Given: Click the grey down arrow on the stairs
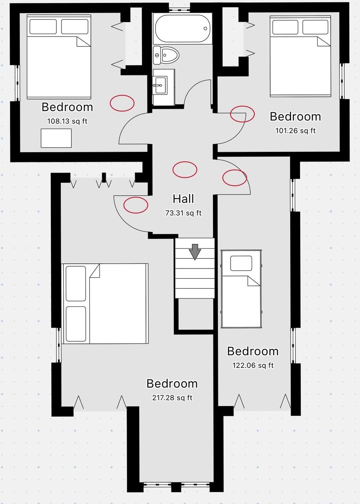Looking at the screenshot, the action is click(x=195, y=252).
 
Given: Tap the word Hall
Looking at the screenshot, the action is click(x=183, y=199).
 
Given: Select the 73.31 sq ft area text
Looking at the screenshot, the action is click(x=183, y=213).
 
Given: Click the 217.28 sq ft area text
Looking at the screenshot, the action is click(x=172, y=398).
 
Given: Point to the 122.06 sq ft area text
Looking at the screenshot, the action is click(x=253, y=365).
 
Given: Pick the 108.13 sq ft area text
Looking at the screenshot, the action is click(x=67, y=121).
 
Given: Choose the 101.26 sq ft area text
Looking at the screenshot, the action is click(x=295, y=131).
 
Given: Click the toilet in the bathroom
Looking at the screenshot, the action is click(x=166, y=55).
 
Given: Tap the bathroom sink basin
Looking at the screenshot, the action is click(x=160, y=85).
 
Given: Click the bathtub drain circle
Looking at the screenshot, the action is click(x=205, y=28).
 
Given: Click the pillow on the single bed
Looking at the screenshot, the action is click(x=241, y=263).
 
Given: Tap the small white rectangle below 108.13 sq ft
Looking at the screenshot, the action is click(x=56, y=138).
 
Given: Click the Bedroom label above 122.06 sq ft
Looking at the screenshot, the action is click(x=253, y=351).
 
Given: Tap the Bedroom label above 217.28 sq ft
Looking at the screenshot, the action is click(x=172, y=384).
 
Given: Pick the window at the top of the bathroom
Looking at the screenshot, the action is click(x=179, y=10).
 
